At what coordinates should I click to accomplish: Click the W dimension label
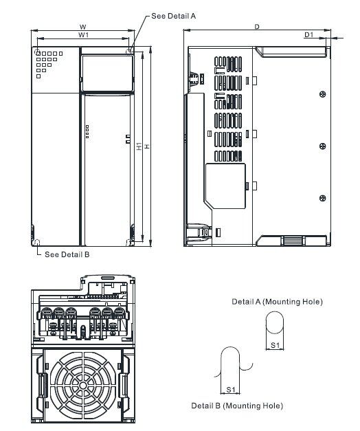(82, 27)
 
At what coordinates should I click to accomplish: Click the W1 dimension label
(83, 35)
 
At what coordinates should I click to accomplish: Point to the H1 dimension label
(139, 146)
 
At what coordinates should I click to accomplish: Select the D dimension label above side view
(257, 27)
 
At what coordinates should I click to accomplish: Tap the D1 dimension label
(309, 34)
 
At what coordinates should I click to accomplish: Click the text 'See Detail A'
(174, 16)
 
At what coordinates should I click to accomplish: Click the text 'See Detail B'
(67, 254)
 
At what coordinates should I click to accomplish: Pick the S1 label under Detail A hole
(275, 345)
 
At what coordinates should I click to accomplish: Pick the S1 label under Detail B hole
(231, 390)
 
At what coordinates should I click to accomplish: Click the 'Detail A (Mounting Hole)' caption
(278, 302)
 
